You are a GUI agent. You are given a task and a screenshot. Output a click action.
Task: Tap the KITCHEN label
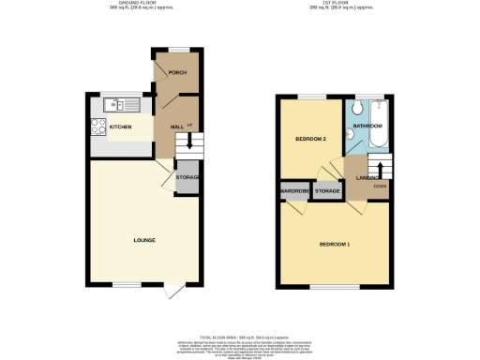(120, 127)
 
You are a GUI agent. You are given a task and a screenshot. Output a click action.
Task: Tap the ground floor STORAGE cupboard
(187, 178)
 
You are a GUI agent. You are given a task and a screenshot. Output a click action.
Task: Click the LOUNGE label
(143, 240)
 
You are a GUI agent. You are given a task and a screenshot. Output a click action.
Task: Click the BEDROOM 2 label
(310, 139)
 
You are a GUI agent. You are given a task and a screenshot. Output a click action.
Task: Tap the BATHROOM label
(367, 125)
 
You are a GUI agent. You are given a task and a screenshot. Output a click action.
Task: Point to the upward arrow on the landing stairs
(380, 169)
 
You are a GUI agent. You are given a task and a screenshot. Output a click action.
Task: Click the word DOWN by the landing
(380, 186)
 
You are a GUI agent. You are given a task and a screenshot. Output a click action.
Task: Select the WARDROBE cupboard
(293, 192)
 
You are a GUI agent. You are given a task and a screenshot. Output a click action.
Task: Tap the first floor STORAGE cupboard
(327, 192)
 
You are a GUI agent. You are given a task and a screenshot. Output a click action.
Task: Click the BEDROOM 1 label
(334, 244)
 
